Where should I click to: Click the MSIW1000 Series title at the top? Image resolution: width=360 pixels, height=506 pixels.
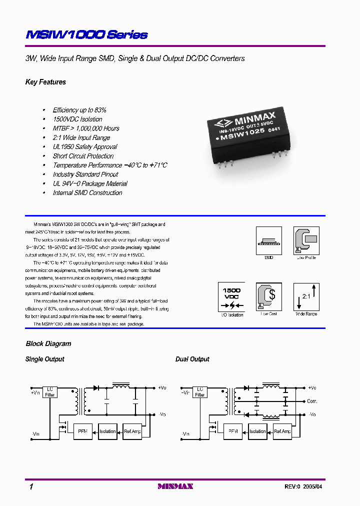86,35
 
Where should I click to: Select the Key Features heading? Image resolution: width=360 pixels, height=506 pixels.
45,82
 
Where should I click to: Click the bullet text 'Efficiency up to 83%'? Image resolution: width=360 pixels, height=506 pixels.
79,110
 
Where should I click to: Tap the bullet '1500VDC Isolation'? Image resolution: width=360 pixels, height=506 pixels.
77,119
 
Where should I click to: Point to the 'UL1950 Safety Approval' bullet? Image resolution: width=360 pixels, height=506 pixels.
85,147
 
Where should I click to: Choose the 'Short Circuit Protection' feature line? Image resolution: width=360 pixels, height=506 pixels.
83,156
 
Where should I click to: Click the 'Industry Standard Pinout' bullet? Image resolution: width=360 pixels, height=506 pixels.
85,174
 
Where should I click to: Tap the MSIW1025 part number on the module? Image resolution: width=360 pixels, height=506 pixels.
244,131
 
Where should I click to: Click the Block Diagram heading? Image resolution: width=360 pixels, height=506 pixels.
48,344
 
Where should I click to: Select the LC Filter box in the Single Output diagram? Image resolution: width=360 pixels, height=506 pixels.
50,391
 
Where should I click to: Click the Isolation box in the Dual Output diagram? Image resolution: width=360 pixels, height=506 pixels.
257,431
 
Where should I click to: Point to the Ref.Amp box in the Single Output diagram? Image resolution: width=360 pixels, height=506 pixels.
132,431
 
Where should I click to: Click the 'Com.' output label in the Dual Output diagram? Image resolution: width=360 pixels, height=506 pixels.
312,401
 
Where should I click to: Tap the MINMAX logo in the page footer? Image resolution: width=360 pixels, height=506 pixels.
175,486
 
